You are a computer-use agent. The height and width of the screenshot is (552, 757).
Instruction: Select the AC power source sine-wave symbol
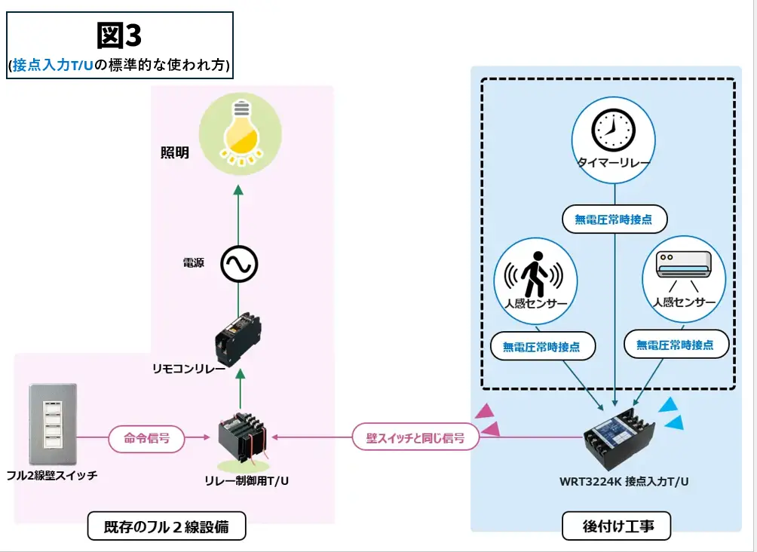[x=239, y=264]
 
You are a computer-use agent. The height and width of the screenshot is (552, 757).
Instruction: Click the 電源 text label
[x=194, y=264]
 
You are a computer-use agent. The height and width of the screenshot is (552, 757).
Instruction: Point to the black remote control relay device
[x=238, y=336]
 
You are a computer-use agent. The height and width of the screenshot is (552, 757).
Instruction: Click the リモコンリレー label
[x=188, y=370]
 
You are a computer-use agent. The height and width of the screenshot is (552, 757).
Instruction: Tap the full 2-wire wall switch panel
[x=52, y=424]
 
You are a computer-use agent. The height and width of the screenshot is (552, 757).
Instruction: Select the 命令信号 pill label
[x=147, y=437]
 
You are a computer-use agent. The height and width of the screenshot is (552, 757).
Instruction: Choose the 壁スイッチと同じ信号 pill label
[x=415, y=437]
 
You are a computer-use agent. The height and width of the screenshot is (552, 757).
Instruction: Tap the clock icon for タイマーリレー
[x=613, y=130]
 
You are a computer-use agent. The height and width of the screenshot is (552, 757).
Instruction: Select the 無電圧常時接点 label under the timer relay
[x=614, y=219]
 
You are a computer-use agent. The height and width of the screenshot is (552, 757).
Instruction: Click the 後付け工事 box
[x=617, y=526]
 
